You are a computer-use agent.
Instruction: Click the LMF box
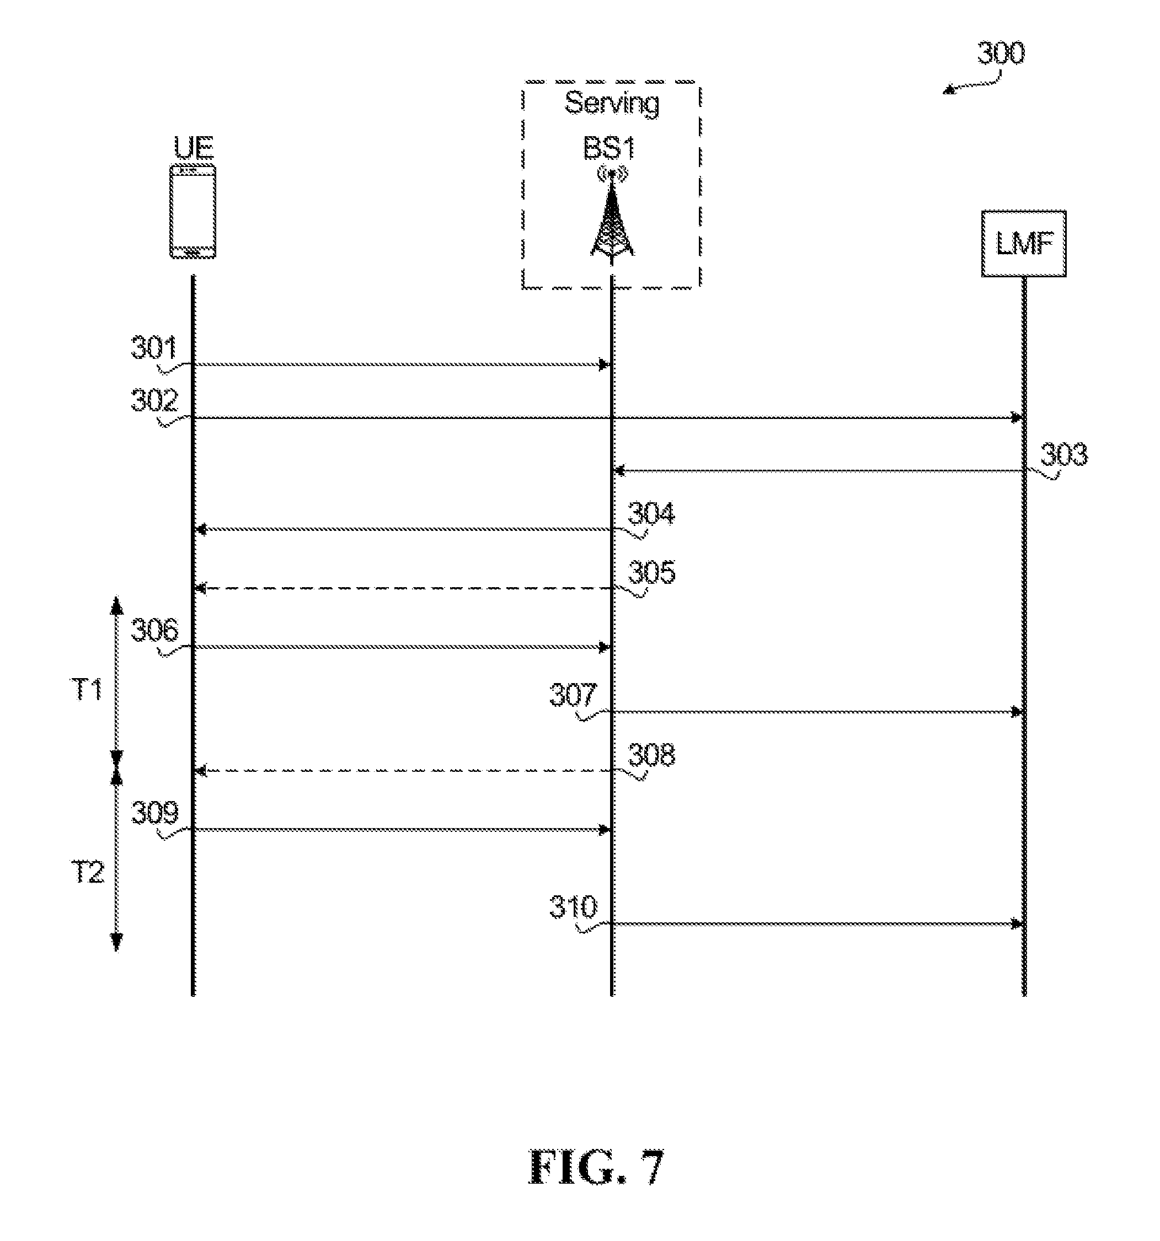[x=1023, y=244]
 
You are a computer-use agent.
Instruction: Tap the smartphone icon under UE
[x=193, y=211]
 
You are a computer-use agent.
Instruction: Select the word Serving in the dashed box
[x=612, y=104]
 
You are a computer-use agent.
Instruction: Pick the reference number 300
[x=1001, y=53]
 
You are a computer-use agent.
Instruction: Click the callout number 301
[x=154, y=347]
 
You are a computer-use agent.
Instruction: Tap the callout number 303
[x=1064, y=454]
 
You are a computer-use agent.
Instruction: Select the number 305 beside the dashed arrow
[x=651, y=572]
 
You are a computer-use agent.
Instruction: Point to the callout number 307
[x=573, y=694]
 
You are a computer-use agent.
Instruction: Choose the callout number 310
[x=573, y=906]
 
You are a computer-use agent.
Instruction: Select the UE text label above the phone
[x=194, y=148]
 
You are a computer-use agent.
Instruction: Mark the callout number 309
[x=154, y=813]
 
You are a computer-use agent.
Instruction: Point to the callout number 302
[x=154, y=400]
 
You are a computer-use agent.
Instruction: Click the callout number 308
[x=651, y=755]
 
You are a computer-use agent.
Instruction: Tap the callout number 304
[x=651, y=513]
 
